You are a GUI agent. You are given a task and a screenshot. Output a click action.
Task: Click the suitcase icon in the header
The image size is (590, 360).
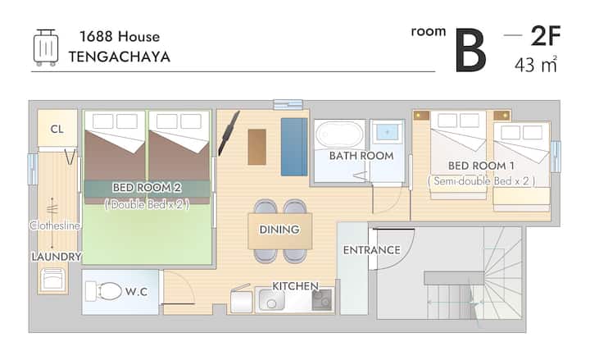tap(46, 48)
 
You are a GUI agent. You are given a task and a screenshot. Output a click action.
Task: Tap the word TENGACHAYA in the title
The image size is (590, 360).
tap(120, 57)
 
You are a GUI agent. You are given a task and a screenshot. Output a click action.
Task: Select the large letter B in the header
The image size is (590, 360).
tap(470, 51)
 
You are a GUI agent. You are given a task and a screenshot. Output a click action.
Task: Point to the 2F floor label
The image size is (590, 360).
tap(546, 36)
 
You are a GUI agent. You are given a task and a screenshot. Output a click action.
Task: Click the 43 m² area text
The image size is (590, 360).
tap(536, 65)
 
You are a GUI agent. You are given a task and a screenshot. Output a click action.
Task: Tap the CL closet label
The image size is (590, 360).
tap(57, 130)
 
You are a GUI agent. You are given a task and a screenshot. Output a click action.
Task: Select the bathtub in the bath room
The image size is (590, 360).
tap(340, 134)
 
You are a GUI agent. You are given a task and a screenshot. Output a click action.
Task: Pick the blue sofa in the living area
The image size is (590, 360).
tap(294, 147)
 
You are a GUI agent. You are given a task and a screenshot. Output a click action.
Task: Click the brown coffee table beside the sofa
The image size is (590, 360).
tap(257, 147)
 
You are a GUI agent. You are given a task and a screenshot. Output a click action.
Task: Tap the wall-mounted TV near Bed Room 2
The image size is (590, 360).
tap(229, 133)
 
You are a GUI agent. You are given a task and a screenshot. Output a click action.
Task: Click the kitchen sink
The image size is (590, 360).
tap(271, 298)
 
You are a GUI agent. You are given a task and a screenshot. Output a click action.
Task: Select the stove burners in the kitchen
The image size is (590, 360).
tap(322, 300)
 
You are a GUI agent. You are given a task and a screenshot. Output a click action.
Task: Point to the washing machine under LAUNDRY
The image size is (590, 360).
tap(52, 280)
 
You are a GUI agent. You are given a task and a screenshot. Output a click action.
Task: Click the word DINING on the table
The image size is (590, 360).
tap(279, 230)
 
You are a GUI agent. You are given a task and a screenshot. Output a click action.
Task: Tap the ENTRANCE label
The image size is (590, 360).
tap(372, 250)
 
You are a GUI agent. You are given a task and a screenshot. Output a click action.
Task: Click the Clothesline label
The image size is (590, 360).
tap(55, 226)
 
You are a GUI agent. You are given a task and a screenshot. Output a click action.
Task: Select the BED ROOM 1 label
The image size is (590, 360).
tap(481, 166)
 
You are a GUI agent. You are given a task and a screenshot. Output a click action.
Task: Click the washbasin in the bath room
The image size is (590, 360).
tap(387, 133)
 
